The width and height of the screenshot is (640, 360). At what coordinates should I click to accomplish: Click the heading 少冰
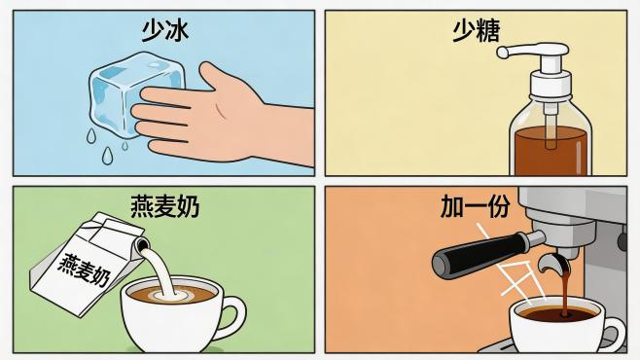click(x=163, y=32)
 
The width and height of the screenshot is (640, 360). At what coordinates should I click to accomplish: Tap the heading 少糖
click(x=476, y=32)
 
